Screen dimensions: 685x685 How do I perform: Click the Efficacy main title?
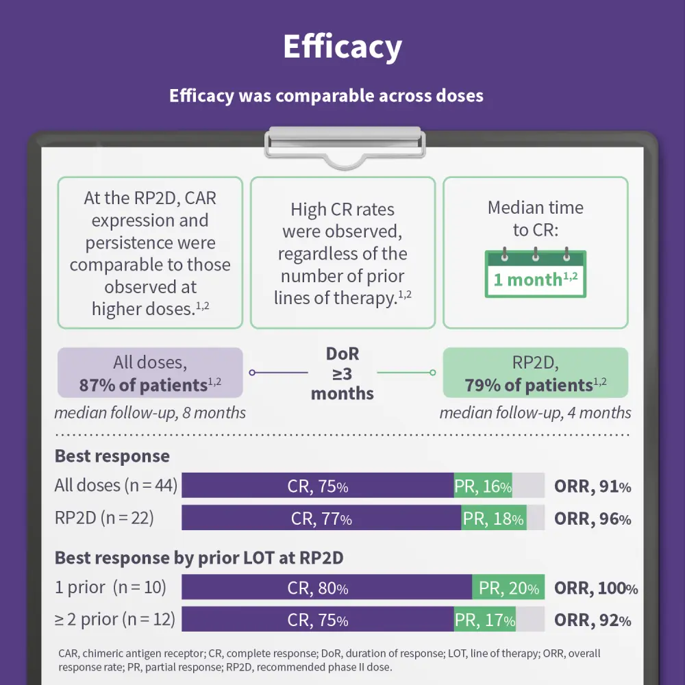click(x=342, y=47)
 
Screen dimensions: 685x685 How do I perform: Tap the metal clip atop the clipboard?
click(x=345, y=140)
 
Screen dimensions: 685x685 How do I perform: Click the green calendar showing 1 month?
click(x=535, y=274)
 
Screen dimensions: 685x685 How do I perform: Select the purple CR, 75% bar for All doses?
click(x=317, y=486)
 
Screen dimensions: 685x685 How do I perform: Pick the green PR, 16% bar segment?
click(x=483, y=486)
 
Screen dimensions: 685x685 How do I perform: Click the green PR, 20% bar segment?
click(x=508, y=588)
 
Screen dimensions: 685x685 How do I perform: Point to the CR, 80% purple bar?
click(x=326, y=588)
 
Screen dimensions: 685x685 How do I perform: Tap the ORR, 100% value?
click(x=595, y=588)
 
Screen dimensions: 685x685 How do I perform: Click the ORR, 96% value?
click(x=593, y=519)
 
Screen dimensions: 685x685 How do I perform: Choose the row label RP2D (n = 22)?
click(x=104, y=518)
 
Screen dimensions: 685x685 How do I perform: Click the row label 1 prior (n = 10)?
click(x=110, y=588)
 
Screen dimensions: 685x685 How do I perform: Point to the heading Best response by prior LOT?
click(x=199, y=558)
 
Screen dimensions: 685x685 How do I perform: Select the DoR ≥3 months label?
click(x=342, y=373)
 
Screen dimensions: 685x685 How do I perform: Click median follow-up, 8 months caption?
click(x=150, y=413)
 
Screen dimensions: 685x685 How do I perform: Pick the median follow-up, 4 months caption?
click(x=535, y=413)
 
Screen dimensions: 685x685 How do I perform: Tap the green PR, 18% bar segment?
click(x=493, y=519)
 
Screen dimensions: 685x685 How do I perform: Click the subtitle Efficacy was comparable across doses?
click(x=326, y=95)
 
